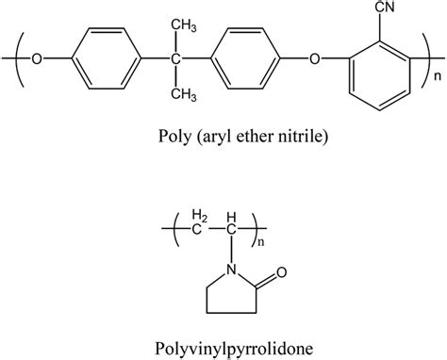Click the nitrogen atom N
point(223,274)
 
